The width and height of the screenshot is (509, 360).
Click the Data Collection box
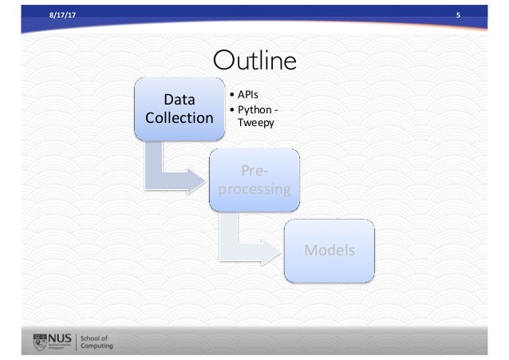[178, 109]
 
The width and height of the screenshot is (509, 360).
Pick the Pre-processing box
[254, 180]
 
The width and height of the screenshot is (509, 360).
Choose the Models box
[328, 251]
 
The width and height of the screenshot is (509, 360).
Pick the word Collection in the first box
[178, 118]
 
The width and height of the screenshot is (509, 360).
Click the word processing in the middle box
[254, 189]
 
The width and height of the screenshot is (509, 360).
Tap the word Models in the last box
[328, 251]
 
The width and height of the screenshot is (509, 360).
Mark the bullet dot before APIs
[231, 95]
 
